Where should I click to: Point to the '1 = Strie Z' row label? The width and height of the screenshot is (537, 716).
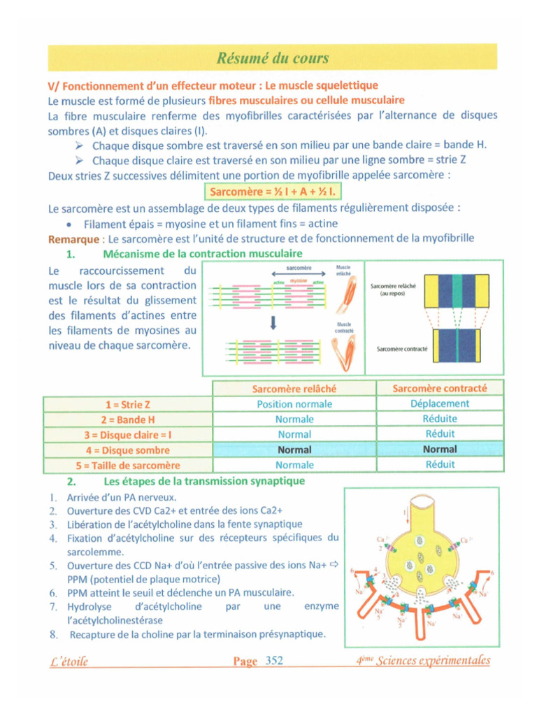click(x=127, y=405)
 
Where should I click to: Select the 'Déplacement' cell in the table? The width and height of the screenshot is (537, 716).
click(x=440, y=403)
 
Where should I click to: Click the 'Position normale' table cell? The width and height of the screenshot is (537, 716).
click(x=294, y=404)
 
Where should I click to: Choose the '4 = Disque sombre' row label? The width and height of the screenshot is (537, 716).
click(x=127, y=450)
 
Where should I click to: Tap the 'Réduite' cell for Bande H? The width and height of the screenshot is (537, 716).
click(x=440, y=419)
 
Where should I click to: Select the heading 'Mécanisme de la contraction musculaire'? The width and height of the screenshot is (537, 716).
click(x=203, y=253)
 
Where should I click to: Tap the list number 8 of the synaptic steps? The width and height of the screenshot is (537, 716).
click(x=53, y=635)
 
